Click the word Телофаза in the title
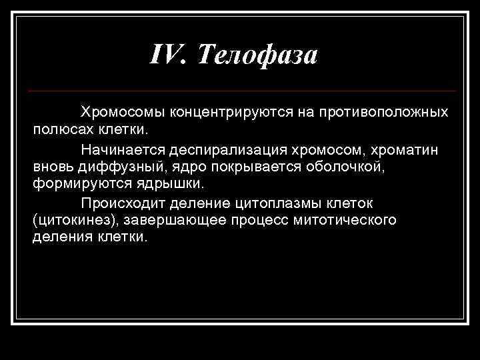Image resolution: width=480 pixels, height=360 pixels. (257, 55)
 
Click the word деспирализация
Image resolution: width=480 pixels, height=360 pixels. (217, 146)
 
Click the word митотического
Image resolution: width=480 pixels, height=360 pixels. (349, 219)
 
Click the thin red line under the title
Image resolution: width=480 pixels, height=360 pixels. (244, 91)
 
